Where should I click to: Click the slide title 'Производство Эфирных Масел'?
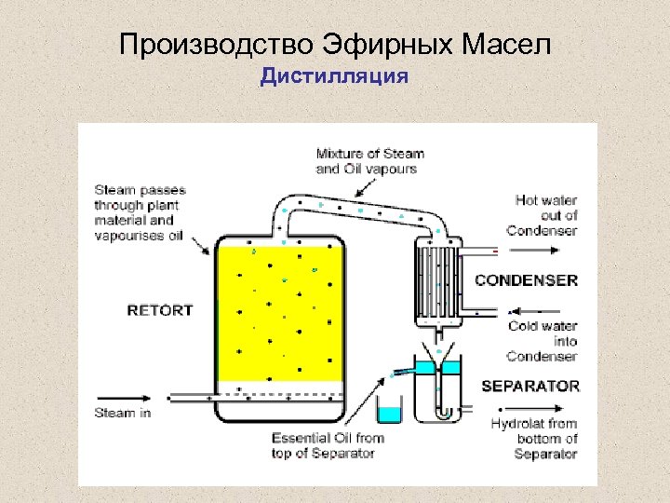click(x=335, y=44)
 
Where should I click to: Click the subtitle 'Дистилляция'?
click(x=334, y=75)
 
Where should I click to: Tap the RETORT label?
click(x=160, y=310)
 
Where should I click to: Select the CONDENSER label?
click(x=527, y=279)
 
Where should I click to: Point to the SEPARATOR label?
click(x=530, y=386)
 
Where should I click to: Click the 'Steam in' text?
click(x=122, y=413)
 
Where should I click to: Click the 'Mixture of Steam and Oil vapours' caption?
click(x=369, y=161)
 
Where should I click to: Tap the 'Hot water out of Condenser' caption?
click(x=546, y=215)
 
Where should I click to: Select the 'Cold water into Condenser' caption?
click(x=543, y=341)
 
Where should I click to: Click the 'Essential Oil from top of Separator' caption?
click(x=328, y=445)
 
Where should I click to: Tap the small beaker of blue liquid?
click(x=388, y=409)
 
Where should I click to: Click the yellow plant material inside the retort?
click(x=279, y=312)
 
